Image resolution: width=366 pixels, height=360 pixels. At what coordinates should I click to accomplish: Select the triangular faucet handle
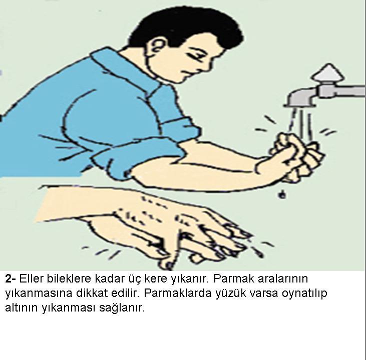point(328,72)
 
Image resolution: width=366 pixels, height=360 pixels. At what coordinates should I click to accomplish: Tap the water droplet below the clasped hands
point(282,194)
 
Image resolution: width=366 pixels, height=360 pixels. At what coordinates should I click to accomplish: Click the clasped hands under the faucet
point(296,156)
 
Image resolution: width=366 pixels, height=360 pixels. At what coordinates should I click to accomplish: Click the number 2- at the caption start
point(11,278)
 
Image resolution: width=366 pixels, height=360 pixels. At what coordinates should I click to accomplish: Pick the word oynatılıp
point(304,294)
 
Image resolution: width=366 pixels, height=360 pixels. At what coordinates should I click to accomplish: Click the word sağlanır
point(122,308)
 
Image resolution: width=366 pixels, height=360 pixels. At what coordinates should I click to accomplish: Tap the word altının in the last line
point(22,307)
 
